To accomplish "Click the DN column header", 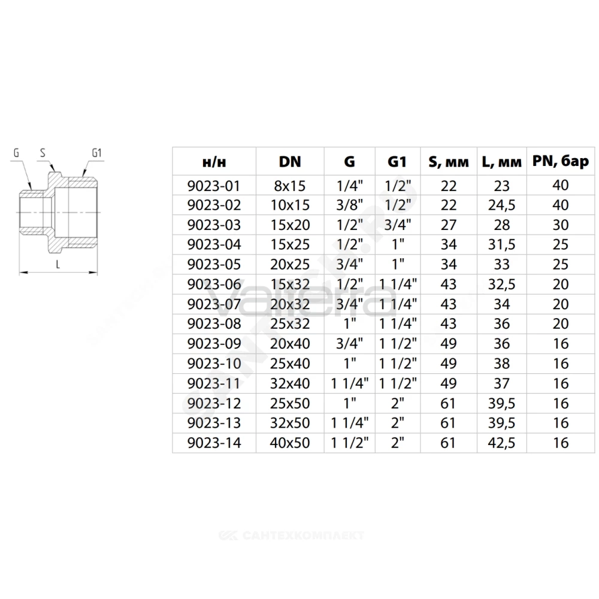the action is [x=290, y=162].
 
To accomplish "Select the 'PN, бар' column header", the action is [x=561, y=162].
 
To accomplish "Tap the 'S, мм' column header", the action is [x=449, y=162].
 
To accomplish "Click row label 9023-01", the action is [x=214, y=186].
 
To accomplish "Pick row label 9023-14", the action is [x=214, y=443].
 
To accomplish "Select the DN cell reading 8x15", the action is [x=290, y=186].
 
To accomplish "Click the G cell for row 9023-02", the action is [x=350, y=205].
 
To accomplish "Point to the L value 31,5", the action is [x=501, y=244].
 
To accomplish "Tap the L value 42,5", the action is [x=501, y=443].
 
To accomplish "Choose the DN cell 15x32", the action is [x=290, y=284].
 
